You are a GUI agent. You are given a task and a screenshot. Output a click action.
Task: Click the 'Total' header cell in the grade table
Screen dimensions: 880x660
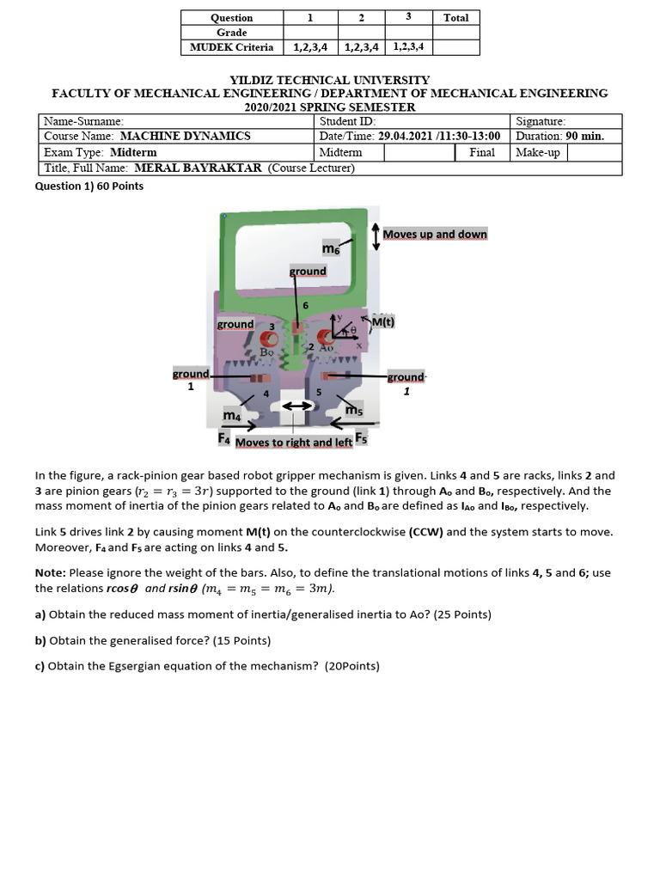(x=455, y=17)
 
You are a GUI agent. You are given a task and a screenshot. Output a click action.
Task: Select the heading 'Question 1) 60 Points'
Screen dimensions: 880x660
(x=89, y=186)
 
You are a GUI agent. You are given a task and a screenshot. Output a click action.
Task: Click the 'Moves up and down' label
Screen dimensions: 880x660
(x=435, y=234)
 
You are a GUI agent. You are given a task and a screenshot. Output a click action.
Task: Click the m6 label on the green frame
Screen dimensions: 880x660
(x=331, y=248)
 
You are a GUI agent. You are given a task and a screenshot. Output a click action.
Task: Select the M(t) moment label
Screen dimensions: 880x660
(x=382, y=322)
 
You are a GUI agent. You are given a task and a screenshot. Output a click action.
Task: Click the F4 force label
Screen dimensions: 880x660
(x=224, y=438)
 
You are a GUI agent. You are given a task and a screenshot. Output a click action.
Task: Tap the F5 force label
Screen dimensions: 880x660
(x=361, y=437)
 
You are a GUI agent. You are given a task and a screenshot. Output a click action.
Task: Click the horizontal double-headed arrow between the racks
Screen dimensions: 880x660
(x=296, y=406)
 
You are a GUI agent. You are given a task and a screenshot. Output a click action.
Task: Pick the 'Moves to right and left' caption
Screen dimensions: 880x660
(x=293, y=443)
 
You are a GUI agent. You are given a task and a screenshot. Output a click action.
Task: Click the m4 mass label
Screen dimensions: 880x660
(x=232, y=416)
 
